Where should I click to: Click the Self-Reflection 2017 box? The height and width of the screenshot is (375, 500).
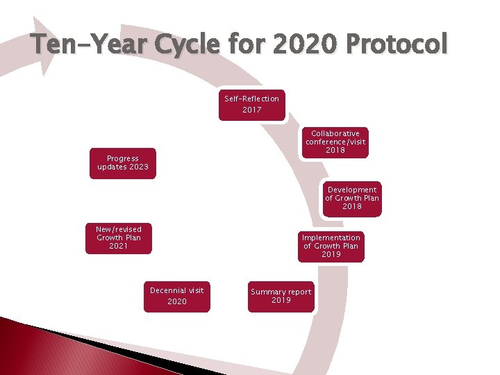(251, 104)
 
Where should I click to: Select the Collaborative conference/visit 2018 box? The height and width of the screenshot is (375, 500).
(335, 142)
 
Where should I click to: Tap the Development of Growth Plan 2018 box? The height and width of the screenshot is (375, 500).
(352, 198)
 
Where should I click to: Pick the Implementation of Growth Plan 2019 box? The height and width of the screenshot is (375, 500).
(331, 246)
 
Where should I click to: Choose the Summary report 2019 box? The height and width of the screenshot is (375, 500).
(281, 296)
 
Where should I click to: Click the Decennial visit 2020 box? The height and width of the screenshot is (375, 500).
(177, 296)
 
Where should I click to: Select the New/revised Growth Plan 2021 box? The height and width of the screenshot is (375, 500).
(119, 237)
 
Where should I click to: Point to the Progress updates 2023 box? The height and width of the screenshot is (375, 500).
(123, 162)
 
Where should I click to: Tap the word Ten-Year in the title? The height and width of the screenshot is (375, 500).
(87, 44)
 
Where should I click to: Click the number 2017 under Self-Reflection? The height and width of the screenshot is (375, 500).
(251, 110)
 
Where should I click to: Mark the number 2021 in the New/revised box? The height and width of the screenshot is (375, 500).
(119, 246)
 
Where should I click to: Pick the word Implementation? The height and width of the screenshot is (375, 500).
(331, 237)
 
